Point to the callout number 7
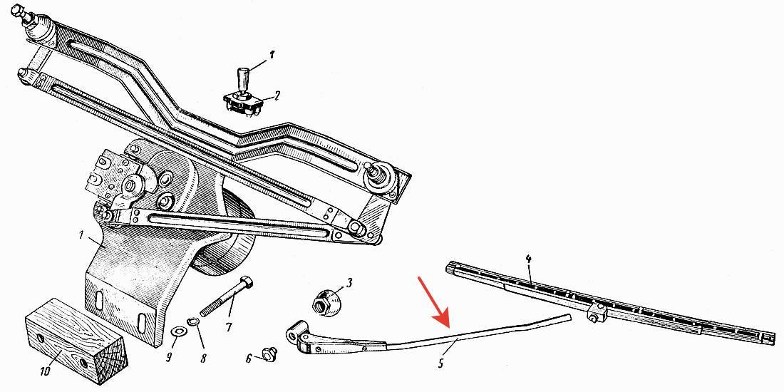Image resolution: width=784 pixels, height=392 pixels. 229,328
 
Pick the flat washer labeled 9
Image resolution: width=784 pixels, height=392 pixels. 177,331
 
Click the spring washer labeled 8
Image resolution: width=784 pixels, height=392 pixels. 192,321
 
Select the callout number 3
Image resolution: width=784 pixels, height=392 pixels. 349,283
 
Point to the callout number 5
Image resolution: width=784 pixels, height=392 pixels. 440,363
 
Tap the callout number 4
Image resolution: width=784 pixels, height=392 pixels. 529,259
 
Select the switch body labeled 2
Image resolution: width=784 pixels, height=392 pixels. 244,103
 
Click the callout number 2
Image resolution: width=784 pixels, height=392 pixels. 277,95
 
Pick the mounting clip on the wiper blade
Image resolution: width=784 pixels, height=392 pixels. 597,314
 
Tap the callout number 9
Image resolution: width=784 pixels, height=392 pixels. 169,357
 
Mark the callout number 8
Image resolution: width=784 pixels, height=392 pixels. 204,358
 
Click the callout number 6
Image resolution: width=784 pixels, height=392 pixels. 249,359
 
